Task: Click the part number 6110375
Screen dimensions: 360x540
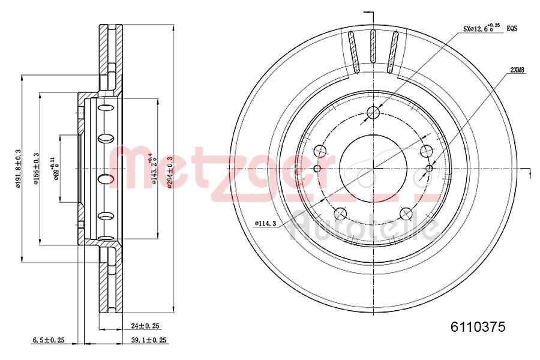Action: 478,327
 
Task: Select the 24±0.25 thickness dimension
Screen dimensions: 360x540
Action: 145,326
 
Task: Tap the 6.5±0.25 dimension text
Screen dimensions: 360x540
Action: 48,340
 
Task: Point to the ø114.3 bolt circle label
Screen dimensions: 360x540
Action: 265,223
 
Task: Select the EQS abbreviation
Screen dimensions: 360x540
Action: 512,28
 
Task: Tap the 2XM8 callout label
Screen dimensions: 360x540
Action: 517,70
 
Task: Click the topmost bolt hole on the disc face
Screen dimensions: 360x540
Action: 373,112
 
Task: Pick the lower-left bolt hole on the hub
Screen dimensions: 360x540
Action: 340,213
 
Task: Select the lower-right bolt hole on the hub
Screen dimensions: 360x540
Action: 406,213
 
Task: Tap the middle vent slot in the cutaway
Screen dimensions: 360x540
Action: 373,54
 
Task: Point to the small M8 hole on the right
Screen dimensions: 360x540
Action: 428,168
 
